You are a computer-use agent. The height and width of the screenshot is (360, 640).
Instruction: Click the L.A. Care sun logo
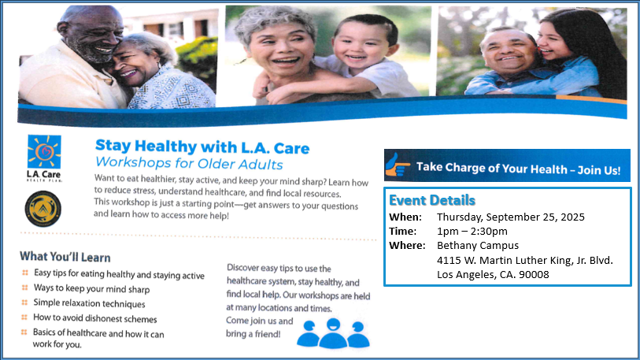pos(44,151)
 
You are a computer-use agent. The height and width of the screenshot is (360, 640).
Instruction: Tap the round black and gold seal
pos(43,209)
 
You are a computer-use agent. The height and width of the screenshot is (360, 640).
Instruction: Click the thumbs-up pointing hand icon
pos(397,165)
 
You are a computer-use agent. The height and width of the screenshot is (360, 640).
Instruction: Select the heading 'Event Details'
pos(432,200)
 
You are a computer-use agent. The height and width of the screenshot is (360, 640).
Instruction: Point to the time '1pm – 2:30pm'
pos(472,232)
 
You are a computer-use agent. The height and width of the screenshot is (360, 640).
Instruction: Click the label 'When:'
pos(405,217)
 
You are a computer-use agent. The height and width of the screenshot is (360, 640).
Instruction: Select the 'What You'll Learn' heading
pos(65,257)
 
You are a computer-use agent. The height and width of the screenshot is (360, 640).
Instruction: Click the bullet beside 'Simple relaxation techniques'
pos(24,302)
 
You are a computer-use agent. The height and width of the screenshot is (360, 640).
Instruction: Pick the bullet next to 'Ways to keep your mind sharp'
pos(24,288)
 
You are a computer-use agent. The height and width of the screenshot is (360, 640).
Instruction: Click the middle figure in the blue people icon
pos(333,333)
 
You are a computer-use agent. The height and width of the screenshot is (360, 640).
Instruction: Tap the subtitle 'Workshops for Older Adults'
pos(189,163)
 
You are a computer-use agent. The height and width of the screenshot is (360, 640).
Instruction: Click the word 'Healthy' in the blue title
pos(166,147)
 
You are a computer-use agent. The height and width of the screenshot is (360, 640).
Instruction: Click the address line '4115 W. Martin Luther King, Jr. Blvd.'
pos(525,260)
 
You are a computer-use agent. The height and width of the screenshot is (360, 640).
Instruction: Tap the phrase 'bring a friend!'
pos(253,334)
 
